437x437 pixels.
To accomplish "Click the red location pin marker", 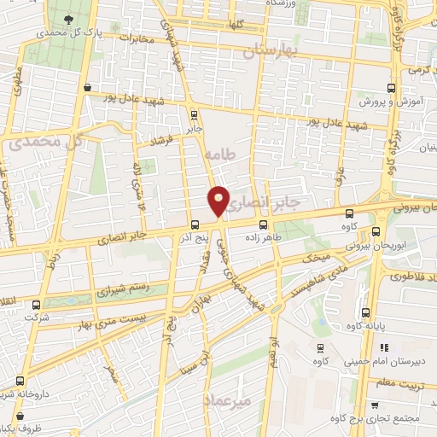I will tap(218, 200).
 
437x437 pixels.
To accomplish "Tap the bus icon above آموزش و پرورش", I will tap(392, 88).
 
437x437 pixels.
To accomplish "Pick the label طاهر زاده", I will tap(263, 239).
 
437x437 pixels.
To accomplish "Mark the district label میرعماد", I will tap(252, 399).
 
